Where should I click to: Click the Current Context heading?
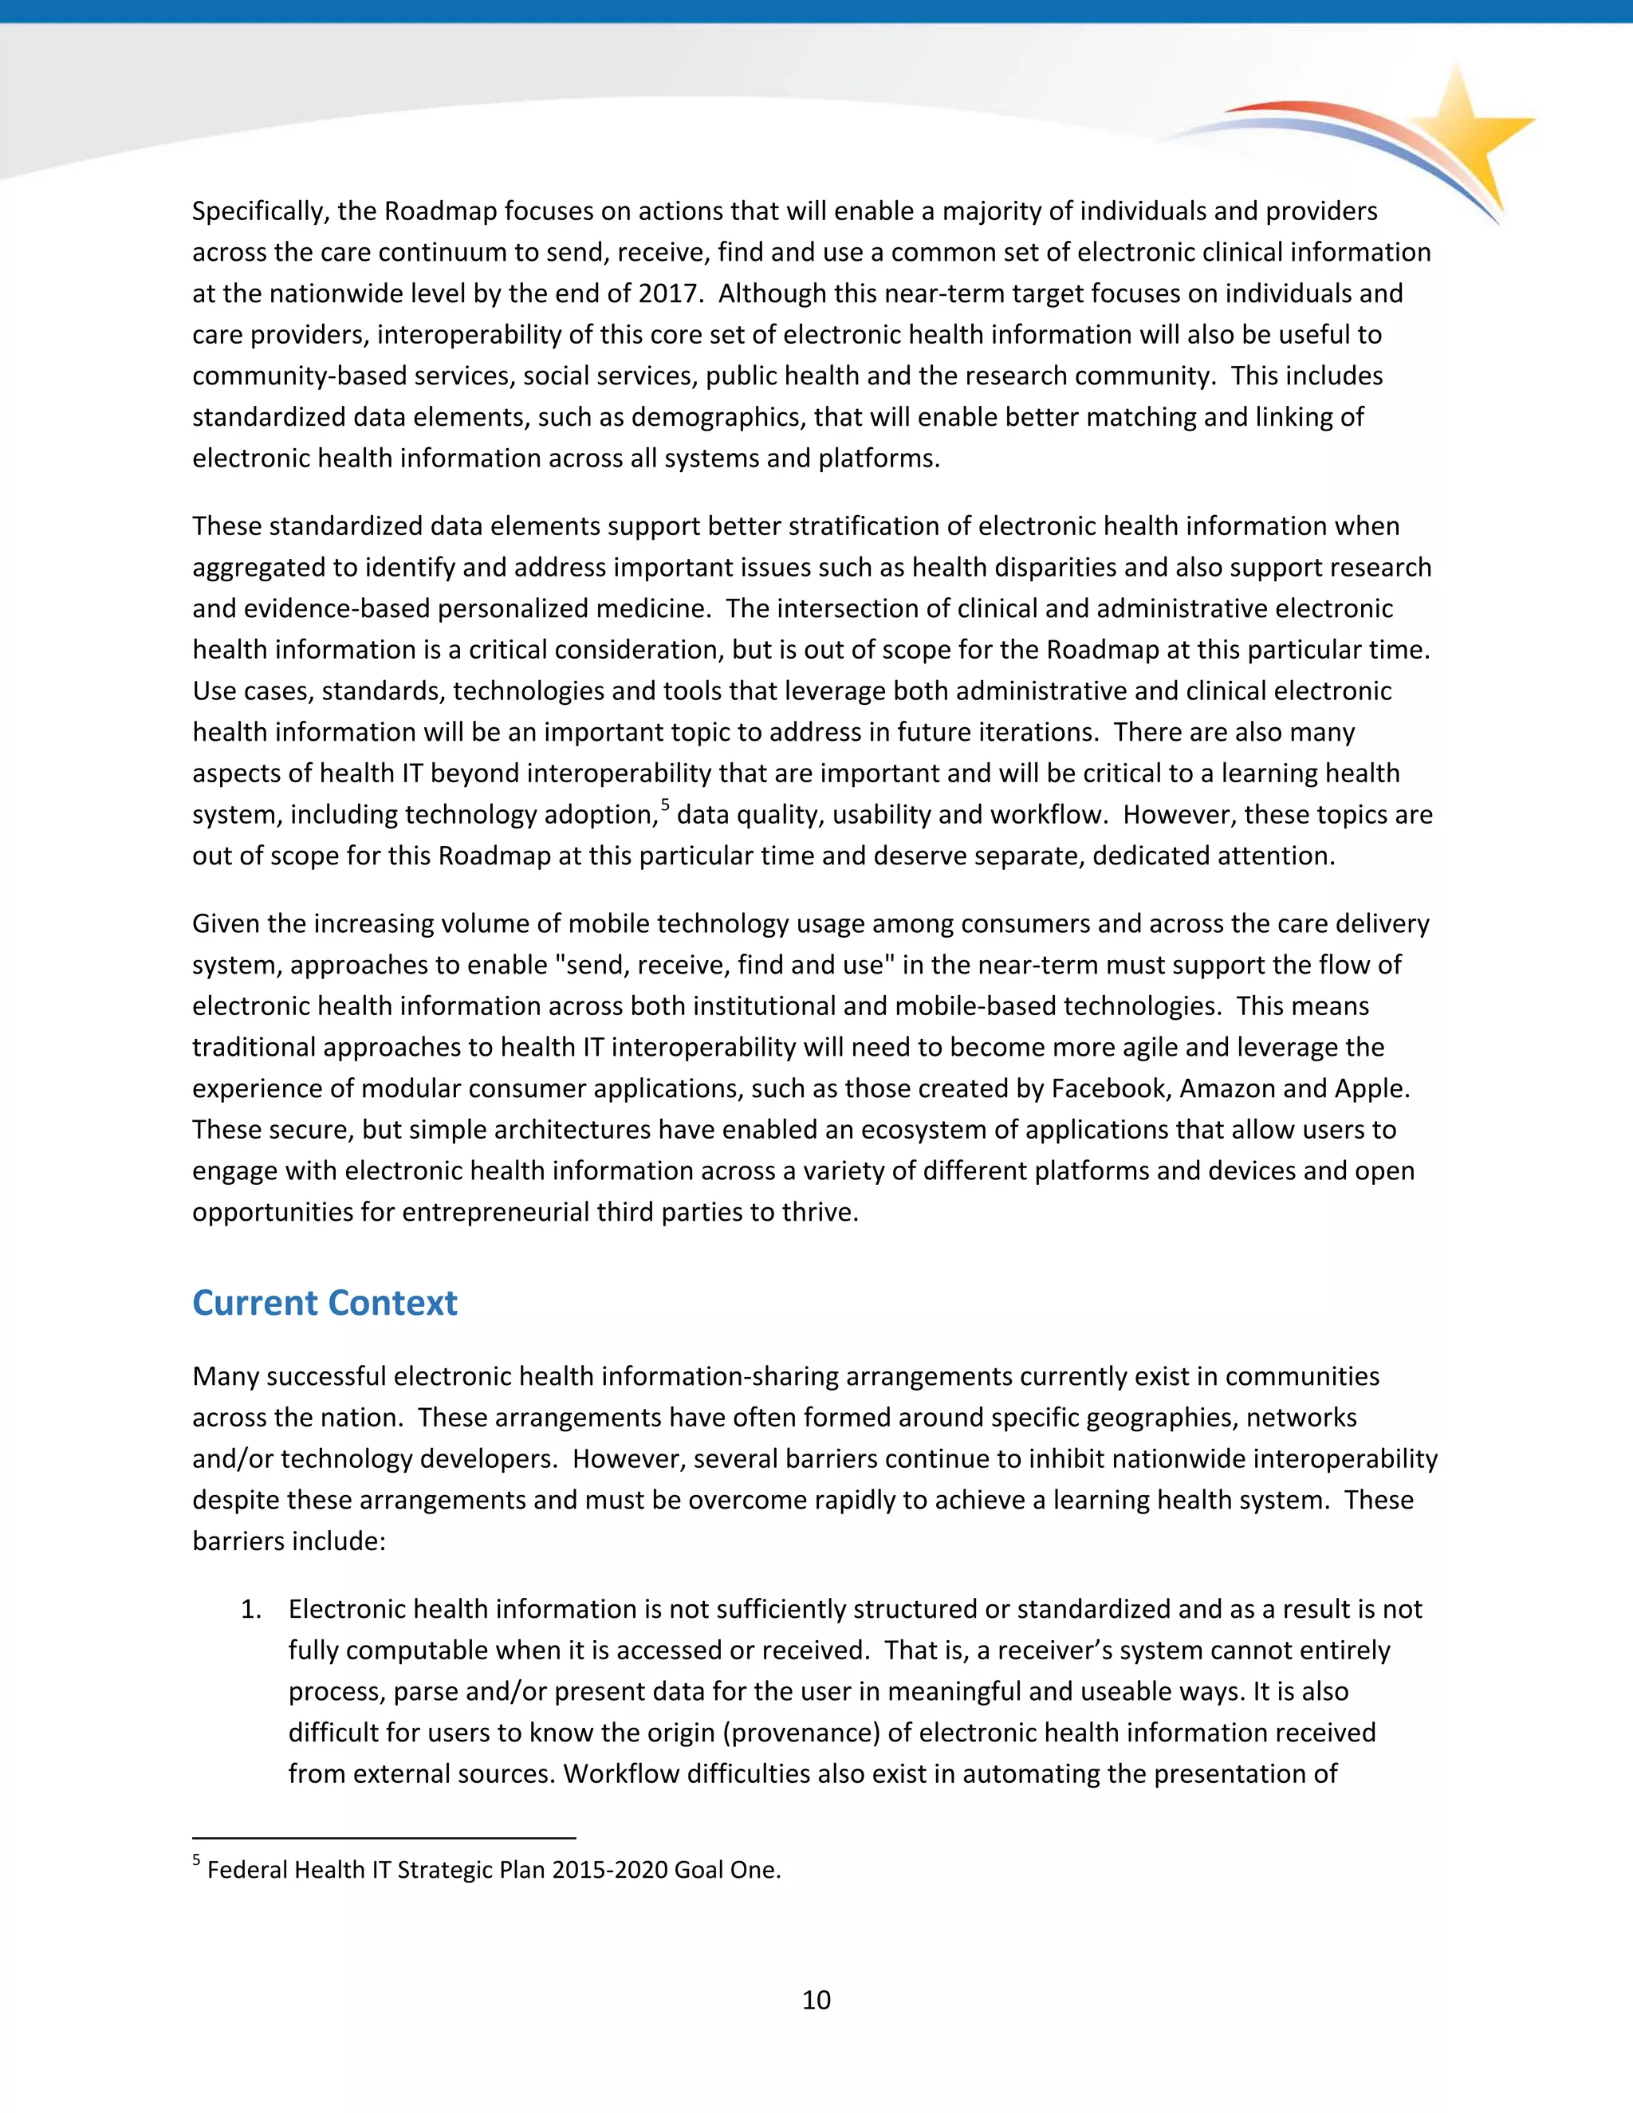tap(324, 1303)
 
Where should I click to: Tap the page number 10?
tap(816, 2000)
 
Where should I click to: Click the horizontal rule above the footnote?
tap(384, 1837)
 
